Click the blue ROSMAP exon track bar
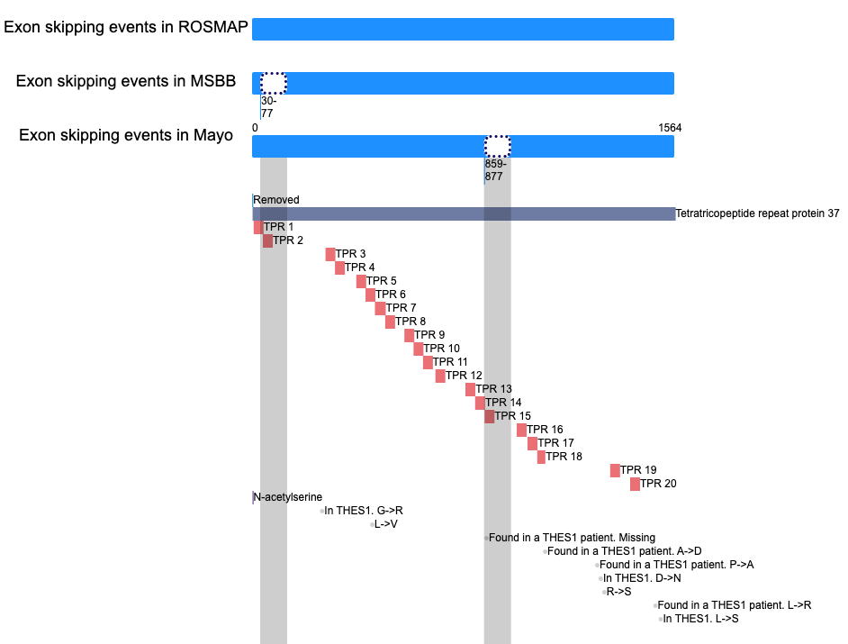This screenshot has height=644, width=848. tap(463, 29)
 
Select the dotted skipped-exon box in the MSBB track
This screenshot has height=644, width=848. tap(274, 84)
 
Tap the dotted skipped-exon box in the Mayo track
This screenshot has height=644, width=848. tap(498, 147)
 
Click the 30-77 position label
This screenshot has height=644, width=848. tap(269, 107)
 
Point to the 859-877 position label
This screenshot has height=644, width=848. tap(495, 170)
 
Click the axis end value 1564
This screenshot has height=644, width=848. tap(670, 128)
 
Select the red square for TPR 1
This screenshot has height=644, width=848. tap(258, 227)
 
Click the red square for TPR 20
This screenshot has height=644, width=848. tap(635, 484)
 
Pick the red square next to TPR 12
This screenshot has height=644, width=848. tap(440, 376)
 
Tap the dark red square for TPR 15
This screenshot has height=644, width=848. tap(490, 416)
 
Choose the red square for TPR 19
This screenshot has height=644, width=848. tap(615, 470)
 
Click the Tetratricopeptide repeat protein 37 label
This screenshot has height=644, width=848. tap(758, 213)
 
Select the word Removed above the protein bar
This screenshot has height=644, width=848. tap(276, 200)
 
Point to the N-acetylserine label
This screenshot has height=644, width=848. tap(288, 497)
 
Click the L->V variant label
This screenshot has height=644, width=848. tap(386, 524)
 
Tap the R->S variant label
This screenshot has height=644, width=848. tap(618, 592)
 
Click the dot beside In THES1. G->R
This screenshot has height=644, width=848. tap(321, 511)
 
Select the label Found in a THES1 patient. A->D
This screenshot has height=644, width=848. tap(625, 551)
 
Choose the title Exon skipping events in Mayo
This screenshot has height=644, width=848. tap(126, 135)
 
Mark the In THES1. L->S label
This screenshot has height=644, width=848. tap(701, 619)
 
